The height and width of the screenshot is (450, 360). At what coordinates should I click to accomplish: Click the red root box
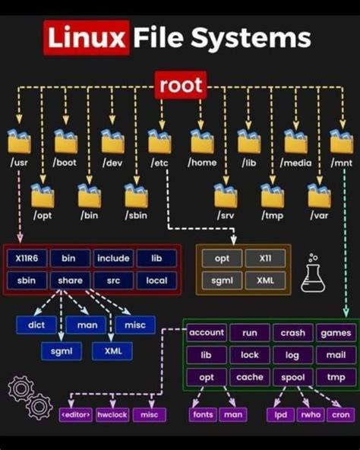pyautogui.click(x=182, y=85)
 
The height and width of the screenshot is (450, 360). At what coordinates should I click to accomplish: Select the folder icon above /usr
pyautogui.click(x=19, y=141)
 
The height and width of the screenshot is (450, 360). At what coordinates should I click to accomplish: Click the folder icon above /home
pyautogui.click(x=202, y=141)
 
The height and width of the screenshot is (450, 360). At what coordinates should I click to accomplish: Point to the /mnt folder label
pyautogui.click(x=341, y=163)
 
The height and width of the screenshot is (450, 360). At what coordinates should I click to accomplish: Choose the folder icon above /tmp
pyautogui.click(x=272, y=195)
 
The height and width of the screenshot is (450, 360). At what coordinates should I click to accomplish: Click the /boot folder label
pyautogui.click(x=66, y=163)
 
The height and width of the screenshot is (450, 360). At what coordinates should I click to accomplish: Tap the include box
pyautogui.click(x=113, y=258)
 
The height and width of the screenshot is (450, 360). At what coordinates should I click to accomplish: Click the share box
pyautogui.click(x=70, y=280)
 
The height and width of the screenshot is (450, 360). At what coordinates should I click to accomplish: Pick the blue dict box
pyautogui.click(x=36, y=325)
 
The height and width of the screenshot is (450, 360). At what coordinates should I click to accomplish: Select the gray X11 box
pyautogui.click(x=265, y=258)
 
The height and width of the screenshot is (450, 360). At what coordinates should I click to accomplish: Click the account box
pyautogui.click(x=207, y=333)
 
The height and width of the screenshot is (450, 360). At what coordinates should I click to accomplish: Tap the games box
pyautogui.click(x=336, y=333)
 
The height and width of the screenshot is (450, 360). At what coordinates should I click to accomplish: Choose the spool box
pyautogui.click(x=292, y=377)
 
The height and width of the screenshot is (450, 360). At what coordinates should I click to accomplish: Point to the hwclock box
pyautogui.click(x=112, y=415)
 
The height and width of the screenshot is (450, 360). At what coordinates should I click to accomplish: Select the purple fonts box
pyautogui.click(x=203, y=415)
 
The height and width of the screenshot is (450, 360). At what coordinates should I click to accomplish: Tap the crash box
pyautogui.click(x=292, y=333)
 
